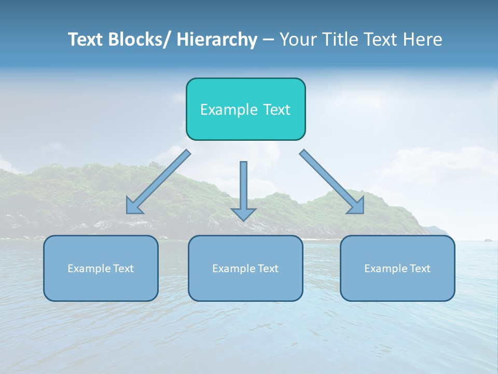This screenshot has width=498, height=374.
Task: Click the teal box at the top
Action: (245, 109)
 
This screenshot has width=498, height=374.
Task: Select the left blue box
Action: (101, 268)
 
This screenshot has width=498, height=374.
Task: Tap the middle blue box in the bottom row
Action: (245, 268)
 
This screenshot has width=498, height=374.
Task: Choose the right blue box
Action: (397, 268)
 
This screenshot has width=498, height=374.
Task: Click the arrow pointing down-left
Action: (158, 182)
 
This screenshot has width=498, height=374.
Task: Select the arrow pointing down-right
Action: (332, 182)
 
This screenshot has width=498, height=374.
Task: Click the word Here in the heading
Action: (423, 39)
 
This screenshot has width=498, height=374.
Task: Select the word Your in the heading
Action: (298, 39)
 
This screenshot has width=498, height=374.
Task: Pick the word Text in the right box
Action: (419, 269)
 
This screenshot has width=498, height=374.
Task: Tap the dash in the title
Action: (268, 40)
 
